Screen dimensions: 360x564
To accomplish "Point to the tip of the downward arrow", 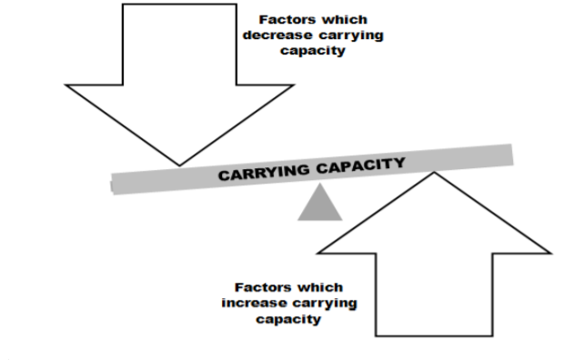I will click(x=179, y=165).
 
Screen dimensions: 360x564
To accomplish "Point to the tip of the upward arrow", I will click(x=436, y=173).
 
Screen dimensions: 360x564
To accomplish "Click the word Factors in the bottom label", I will click(x=263, y=287).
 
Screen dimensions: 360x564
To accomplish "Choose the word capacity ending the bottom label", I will click(x=288, y=319).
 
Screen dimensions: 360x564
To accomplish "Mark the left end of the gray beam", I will click(x=114, y=185).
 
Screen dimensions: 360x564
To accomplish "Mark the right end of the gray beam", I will click(x=510, y=154).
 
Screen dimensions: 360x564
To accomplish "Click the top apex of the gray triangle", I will click(x=319, y=186).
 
